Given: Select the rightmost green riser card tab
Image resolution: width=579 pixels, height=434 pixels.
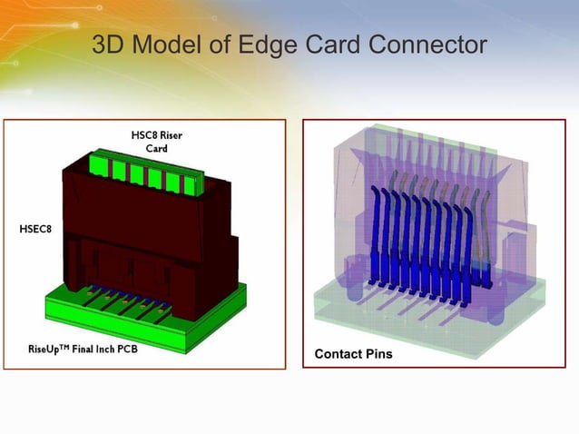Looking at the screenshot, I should tap(190, 184).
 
